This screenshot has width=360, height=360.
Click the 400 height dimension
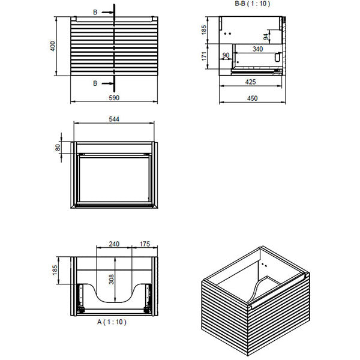53,46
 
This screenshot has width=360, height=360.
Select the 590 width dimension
114,97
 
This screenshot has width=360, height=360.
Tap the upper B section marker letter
95,11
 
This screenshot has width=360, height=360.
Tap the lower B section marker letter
95,83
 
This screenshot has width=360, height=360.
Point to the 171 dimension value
204,56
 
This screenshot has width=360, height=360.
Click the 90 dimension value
226,56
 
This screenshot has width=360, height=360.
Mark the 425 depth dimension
251,81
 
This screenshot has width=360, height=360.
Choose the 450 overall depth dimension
253,98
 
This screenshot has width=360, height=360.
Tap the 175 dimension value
144,244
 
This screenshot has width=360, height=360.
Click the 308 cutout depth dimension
110,279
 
